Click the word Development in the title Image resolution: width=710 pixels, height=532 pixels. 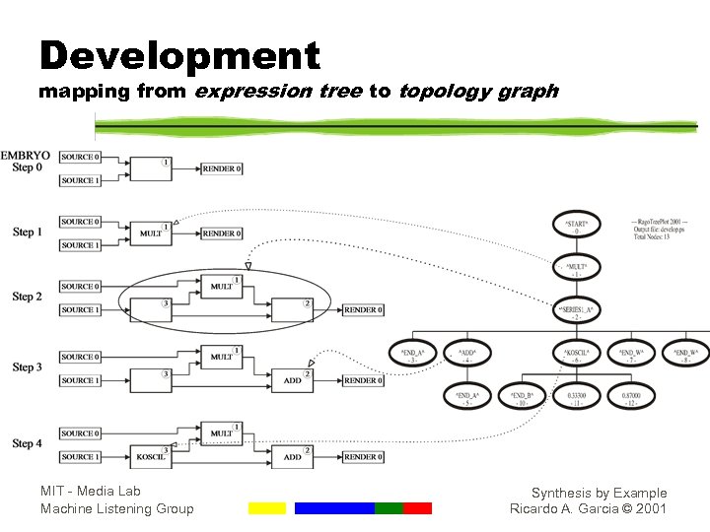179,56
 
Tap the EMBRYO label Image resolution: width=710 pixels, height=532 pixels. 27,156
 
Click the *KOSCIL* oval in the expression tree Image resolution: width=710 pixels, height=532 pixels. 577,355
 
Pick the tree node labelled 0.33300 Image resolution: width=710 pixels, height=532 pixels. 577,399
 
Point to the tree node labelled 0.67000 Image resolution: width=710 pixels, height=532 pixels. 631,399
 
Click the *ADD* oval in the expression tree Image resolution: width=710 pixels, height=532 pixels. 468,355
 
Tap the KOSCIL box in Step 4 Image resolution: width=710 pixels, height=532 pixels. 151,457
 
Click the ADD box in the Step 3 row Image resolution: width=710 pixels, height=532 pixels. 292,380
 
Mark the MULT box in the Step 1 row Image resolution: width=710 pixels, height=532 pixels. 151,234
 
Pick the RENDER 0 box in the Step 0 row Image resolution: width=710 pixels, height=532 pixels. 222,168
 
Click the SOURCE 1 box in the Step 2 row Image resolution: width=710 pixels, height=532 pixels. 79,310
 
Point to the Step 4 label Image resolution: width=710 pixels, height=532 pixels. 28,443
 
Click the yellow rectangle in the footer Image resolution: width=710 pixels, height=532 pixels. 266,508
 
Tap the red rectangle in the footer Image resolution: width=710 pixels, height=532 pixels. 418,508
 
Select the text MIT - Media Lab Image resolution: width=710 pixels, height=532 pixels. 91,492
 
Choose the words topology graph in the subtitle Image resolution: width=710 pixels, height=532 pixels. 478,92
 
